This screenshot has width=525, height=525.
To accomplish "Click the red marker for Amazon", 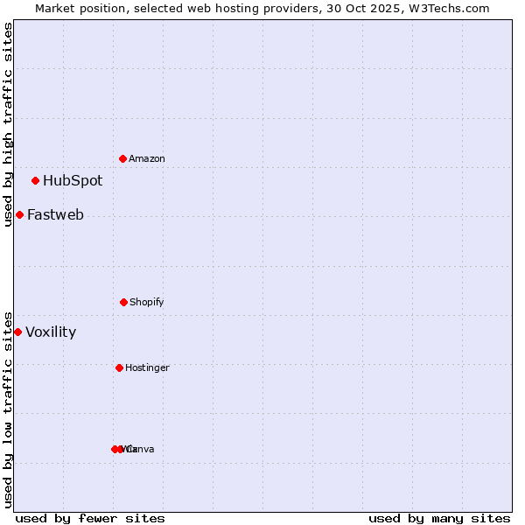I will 123,158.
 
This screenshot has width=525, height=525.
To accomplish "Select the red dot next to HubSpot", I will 35,180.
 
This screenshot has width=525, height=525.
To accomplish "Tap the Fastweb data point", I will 19,214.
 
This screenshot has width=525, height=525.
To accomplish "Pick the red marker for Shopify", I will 123,302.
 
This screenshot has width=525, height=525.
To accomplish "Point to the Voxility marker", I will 17,332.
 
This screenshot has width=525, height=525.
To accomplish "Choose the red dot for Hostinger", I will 119,367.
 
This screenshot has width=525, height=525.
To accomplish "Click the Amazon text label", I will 147,158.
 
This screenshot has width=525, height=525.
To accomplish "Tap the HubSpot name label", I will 73,180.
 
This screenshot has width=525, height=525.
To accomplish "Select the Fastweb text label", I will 55,214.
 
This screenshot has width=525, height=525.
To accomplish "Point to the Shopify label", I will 147,302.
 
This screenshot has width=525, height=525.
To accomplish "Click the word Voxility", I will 51,332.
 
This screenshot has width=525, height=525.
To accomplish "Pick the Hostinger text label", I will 147,367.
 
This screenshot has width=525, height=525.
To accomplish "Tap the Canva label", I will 141,449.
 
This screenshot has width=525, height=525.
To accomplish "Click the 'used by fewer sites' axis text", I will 90,518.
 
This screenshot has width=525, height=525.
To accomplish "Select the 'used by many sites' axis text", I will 439,518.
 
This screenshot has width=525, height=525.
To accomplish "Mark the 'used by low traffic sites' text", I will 8,409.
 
